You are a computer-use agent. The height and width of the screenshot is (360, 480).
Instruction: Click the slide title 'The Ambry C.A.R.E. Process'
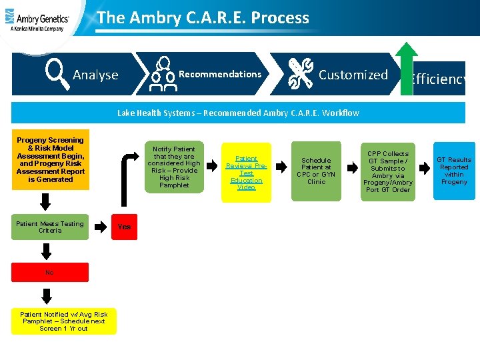(x=203, y=18)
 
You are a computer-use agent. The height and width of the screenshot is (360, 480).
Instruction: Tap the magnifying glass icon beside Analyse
(x=56, y=74)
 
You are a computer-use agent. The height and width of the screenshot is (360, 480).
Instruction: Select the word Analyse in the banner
(x=95, y=75)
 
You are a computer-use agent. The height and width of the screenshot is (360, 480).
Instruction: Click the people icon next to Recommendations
(x=162, y=74)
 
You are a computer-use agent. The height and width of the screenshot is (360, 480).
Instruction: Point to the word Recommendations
(x=220, y=74)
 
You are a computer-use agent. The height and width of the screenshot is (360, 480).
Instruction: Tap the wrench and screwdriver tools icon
(x=300, y=74)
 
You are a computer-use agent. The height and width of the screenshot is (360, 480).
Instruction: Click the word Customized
(x=353, y=75)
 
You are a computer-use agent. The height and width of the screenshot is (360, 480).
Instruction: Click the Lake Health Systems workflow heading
(x=238, y=113)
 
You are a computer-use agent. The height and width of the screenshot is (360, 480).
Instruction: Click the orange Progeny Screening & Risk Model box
(x=50, y=160)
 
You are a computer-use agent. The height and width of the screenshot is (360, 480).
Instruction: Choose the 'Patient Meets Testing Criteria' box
(x=50, y=227)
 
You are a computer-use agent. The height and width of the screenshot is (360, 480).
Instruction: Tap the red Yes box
(x=124, y=227)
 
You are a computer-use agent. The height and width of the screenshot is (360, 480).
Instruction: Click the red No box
(x=50, y=272)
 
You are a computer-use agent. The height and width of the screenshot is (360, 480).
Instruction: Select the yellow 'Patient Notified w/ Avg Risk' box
(x=64, y=321)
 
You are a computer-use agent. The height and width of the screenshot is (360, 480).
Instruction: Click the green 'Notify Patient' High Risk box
(x=174, y=167)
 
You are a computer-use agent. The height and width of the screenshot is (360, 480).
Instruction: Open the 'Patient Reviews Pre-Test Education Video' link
(x=246, y=173)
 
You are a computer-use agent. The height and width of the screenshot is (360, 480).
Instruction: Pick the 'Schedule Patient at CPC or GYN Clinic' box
(x=316, y=171)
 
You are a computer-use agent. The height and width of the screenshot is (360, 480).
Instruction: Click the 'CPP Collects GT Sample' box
(x=388, y=171)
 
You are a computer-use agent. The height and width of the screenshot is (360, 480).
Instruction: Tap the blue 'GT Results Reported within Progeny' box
(x=454, y=171)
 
